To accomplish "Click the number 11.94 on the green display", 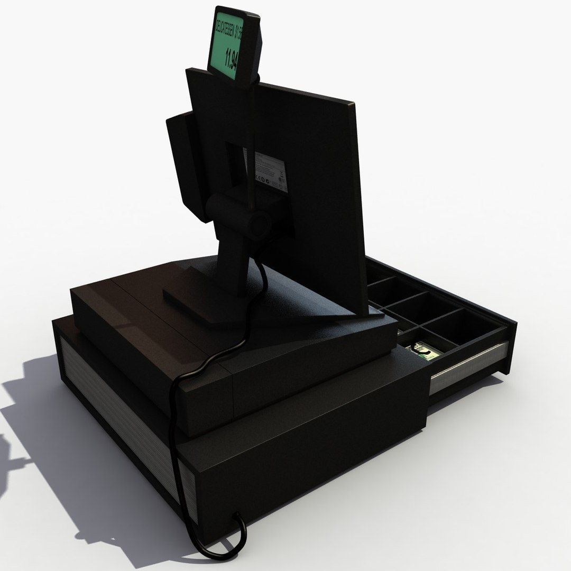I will (x=232, y=59).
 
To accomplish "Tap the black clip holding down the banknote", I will (x=422, y=349).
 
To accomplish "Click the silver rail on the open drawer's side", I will (x=465, y=365).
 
